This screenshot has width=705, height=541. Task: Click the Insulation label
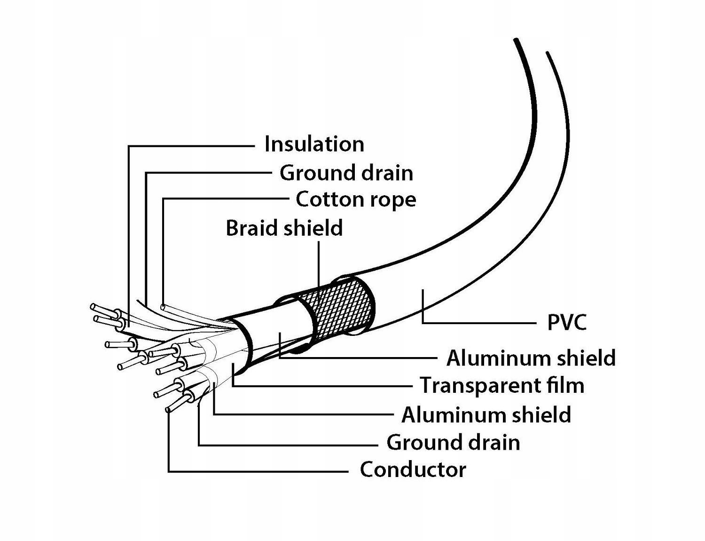(314, 144)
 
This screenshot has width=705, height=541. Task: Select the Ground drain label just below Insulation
(346, 173)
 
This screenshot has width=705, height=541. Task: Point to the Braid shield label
(284, 228)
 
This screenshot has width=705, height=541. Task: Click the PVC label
(567, 323)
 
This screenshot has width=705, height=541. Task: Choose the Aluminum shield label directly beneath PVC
(531, 358)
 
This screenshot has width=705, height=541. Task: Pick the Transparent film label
(502, 385)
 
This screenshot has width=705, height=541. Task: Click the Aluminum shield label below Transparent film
(486, 415)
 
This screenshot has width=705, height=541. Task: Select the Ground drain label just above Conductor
(453, 443)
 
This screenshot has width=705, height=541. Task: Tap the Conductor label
(413, 469)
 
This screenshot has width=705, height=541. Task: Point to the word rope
(393, 199)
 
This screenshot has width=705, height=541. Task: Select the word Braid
(253, 228)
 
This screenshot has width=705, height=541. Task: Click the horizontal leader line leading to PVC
(479, 323)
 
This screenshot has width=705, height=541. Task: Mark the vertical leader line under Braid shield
(319, 263)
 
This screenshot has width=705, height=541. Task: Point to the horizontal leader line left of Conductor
(258, 470)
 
